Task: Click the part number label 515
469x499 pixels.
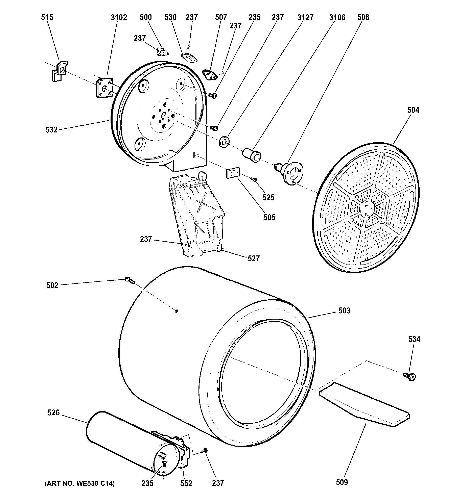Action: coord(47,17)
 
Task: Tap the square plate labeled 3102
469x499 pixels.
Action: coord(104,88)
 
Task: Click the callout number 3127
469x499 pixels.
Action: coord(305,17)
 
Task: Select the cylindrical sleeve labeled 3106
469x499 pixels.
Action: coord(252,155)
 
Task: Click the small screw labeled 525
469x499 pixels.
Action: coord(254,179)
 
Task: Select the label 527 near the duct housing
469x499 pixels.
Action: coord(253,258)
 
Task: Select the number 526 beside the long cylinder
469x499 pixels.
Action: coord(53,413)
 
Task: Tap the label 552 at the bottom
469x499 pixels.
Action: coord(186,483)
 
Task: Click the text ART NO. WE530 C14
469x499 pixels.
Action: coord(80,483)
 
